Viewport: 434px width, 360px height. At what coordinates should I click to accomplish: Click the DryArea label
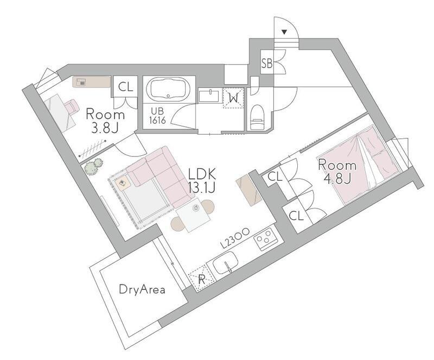pos(142,290)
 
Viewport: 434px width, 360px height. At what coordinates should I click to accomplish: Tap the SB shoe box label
pos(267,64)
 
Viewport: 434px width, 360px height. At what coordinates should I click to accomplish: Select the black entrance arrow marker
pos(284,32)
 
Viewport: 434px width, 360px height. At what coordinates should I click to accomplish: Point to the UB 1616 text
pos(157,116)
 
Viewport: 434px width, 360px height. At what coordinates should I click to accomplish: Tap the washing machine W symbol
pos(234,98)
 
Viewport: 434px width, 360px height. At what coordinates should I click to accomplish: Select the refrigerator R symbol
pos(202,279)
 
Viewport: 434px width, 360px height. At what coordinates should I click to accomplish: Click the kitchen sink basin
pos(226,262)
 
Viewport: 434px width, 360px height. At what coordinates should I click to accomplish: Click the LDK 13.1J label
pos(202,181)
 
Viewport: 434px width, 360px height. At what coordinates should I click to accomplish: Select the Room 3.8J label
pos(105,121)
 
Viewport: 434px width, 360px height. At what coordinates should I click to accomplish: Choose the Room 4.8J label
pos(337,172)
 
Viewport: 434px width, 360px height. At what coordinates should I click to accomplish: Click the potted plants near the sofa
pos(93,166)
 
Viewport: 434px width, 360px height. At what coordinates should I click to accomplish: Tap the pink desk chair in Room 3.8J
pos(71,106)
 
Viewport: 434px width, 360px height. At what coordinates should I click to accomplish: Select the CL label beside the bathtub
pos(126,87)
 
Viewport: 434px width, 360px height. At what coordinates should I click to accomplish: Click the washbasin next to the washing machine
pos(209,96)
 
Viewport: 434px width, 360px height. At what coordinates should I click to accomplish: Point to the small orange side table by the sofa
pos(123,184)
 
